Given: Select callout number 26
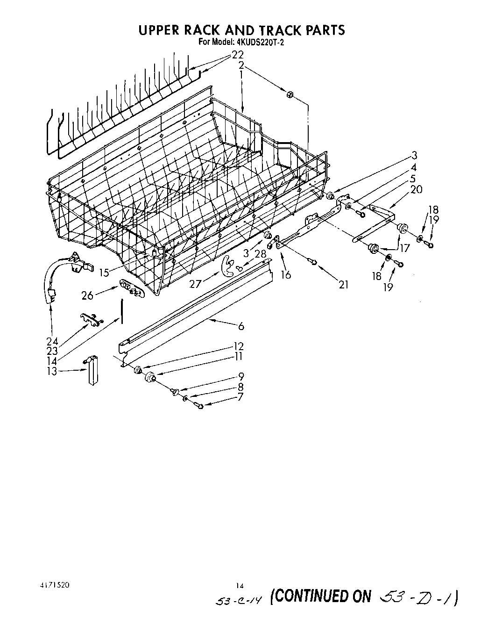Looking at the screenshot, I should [x=87, y=295].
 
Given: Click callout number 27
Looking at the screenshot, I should [x=195, y=282].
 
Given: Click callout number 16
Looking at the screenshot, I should [x=286, y=275].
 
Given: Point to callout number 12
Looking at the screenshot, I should [x=239, y=346].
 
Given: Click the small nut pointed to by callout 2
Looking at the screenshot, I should [x=289, y=94].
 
